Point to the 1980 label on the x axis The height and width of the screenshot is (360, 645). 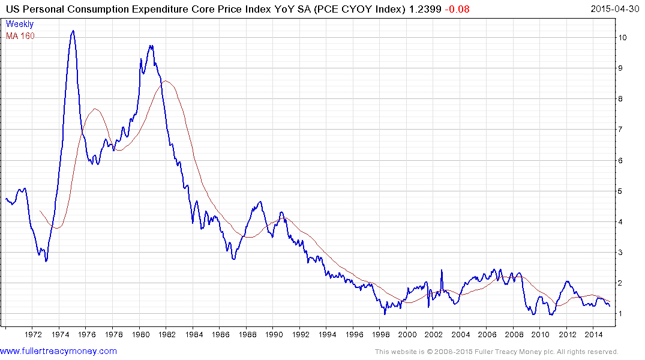[x=139, y=334]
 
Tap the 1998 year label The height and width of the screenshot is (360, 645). [x=380, y=334]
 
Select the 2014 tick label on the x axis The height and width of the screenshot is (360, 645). [x=593, y=334]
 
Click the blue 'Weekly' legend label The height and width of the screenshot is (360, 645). [x=20, y=25]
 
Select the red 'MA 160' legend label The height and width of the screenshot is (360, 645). [x=20, y=36]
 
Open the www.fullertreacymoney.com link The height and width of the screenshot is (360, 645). [x=58, y=351]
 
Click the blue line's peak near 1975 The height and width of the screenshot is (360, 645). [x=73, y=31]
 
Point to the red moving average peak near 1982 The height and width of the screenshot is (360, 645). [x=166, y=80]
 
